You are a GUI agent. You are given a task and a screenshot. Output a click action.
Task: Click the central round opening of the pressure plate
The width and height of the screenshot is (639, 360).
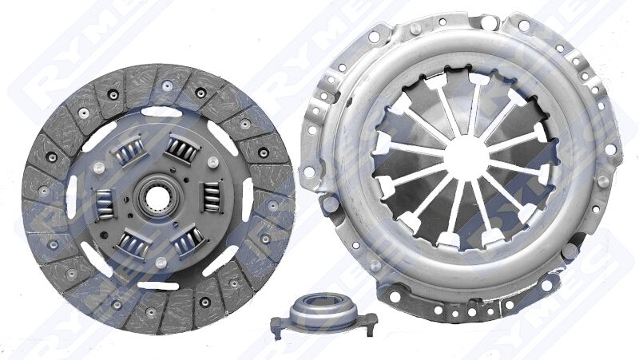coord(464,152)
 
